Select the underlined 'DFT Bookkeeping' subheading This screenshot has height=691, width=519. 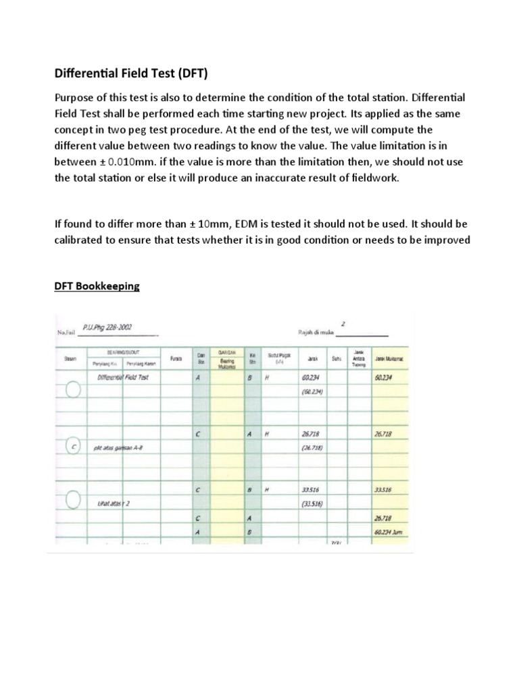tap(97, 286)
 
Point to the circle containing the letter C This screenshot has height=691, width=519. tap(73, 447)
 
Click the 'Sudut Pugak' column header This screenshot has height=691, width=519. tap(277, 357)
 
